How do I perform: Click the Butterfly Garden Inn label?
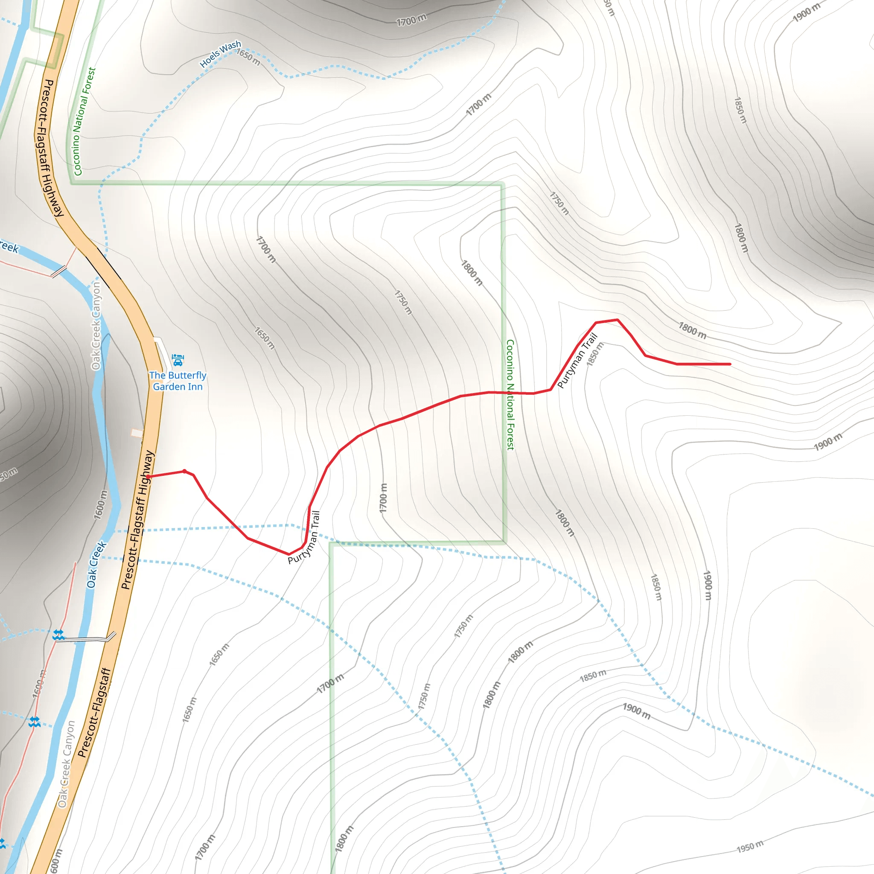point(178,381)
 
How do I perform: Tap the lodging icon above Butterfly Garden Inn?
point(178,360)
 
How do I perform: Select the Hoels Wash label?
point(220,54)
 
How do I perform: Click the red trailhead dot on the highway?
point(149,477)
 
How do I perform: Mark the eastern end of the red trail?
point(730,364)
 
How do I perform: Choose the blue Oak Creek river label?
point(96,564)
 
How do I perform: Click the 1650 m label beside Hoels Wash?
point(248,58)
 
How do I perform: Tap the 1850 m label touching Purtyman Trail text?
point(595,354)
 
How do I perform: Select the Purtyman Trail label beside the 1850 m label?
point(577,361)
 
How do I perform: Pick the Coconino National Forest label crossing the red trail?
point(510,395)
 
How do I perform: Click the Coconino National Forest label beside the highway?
point(84,121)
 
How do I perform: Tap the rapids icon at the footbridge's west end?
point(58,635)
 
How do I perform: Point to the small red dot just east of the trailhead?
point(184,472)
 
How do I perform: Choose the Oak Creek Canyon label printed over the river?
point(96,326)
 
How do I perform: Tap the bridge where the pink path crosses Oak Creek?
point(59,272)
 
